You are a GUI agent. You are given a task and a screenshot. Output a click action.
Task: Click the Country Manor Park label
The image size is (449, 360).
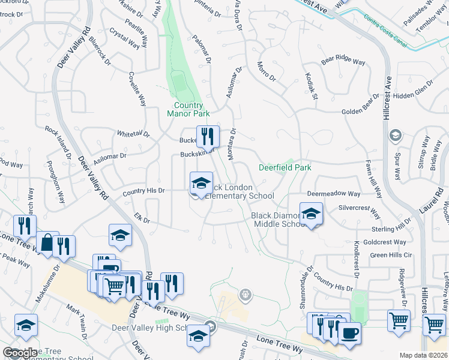[188, 109]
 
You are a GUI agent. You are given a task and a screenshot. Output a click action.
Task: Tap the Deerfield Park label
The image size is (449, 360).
[285, 168]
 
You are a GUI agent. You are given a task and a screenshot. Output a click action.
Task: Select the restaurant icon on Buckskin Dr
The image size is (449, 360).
[208, 137]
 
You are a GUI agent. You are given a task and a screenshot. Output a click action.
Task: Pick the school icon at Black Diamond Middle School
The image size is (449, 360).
[311, 214]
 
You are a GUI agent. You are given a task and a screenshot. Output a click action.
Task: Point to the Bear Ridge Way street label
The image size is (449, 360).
[343, 61]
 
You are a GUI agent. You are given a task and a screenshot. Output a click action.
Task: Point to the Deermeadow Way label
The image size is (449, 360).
[334, 194]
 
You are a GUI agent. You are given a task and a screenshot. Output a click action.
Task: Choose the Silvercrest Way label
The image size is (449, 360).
[360, 212]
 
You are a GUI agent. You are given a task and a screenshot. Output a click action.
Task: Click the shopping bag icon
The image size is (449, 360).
[47, 243]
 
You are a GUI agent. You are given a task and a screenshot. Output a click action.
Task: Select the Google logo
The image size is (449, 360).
[20, 353]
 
